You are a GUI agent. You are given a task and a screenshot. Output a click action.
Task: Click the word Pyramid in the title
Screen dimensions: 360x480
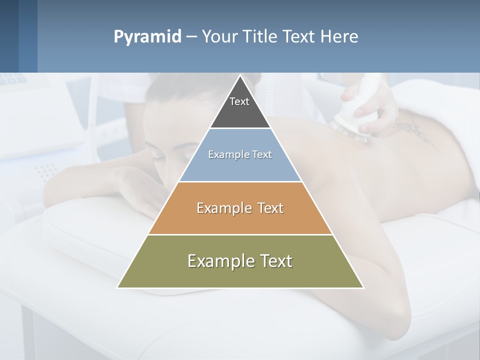pyautogui.click(x=147, y=37)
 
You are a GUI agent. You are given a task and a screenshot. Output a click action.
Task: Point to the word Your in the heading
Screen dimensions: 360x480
pyautogui.click(x=221, y=37)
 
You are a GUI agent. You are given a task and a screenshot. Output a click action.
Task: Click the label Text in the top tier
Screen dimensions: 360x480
pyautogui.click(x=239, y=101)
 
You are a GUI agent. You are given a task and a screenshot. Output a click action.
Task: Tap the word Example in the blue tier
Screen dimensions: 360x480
pyautogui.click(x=223, y=154)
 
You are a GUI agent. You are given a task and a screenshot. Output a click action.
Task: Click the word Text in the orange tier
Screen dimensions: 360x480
pyautogui.click(x=271, y=208)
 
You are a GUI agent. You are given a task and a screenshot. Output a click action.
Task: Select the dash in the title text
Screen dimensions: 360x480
pyautogui.click(x=191, y=37)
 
